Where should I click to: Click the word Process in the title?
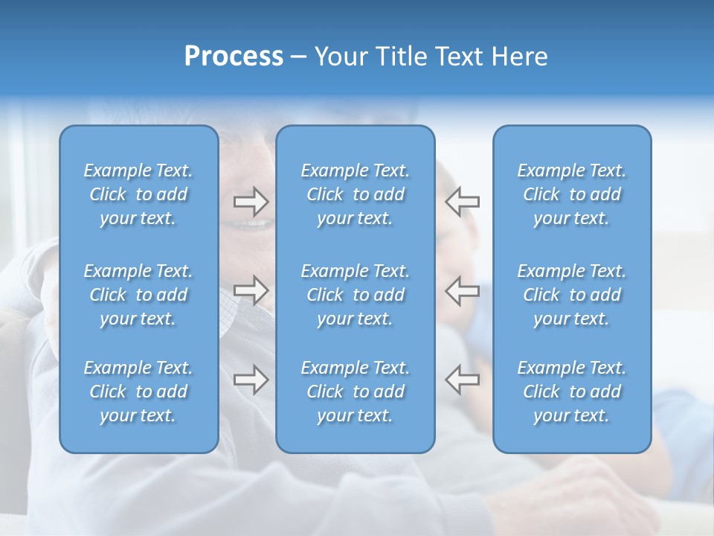coord(234,57)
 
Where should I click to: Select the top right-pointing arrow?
coord(251,202)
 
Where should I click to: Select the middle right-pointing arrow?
coord(251,290)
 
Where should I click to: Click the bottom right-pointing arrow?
coord(251,379)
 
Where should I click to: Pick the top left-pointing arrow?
coord(462,202)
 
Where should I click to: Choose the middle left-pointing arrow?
coord(462,290)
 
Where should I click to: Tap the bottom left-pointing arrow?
coord(462,379)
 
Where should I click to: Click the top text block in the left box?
coord(138,194)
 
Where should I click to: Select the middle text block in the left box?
coord(138,295)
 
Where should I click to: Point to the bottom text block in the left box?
coord(138,392)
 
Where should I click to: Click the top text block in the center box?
coord(355,194)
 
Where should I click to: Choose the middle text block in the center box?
coord(355,295)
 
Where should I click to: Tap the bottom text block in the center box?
coord(355,392)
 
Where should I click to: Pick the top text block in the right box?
coord(571,194)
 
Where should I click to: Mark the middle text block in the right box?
coord(571,295)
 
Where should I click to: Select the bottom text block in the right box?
coord(571,392)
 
